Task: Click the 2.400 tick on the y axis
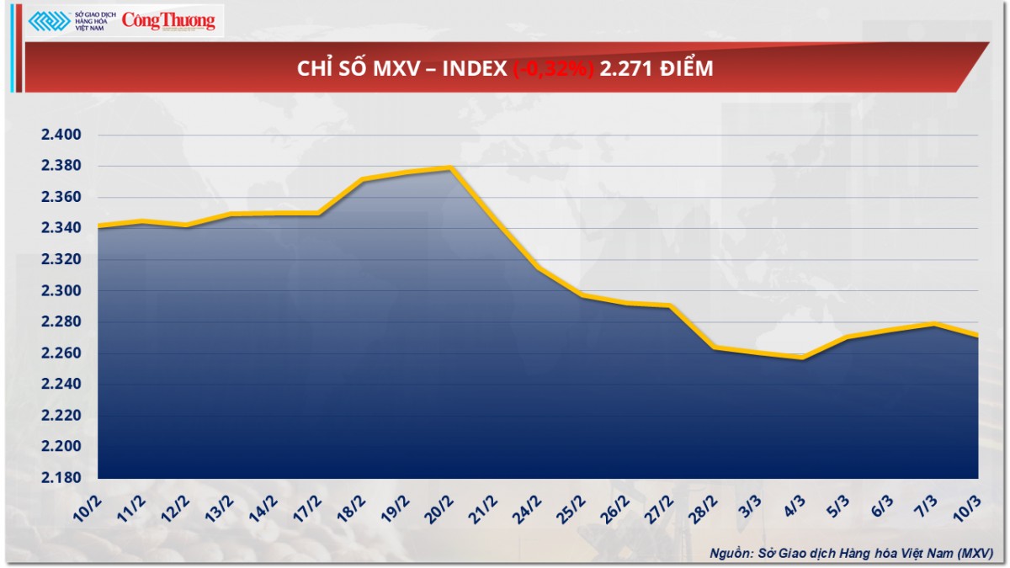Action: [60, 135]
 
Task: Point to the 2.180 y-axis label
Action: [60, 478]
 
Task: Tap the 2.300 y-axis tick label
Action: [60, 291]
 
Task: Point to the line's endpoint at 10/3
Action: [977, 336]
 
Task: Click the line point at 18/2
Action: [363, 179]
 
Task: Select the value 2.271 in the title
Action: [623, 69]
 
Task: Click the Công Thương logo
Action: [168, 21]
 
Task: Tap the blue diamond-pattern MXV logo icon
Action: [49, 21]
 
